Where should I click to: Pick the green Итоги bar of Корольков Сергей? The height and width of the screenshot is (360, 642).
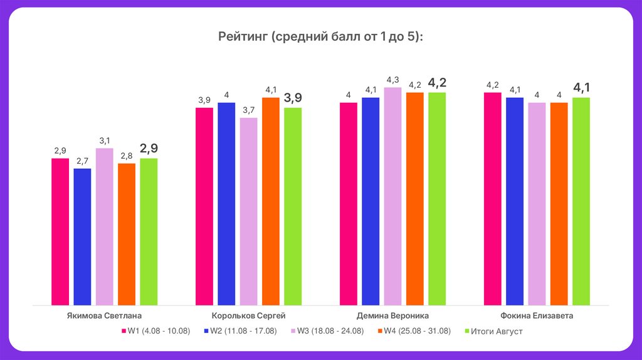pos(293,207)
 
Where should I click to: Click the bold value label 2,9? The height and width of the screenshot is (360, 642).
pos(149,149)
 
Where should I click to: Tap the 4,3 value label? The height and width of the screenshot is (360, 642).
pos(392,80)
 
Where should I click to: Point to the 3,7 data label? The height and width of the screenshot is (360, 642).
pos(248,110)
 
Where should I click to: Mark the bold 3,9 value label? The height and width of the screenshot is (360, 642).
pos(293,98)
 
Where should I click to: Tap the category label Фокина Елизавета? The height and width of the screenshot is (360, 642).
pos(537,316)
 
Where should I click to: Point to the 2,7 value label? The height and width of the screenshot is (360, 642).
pos(82,161)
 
